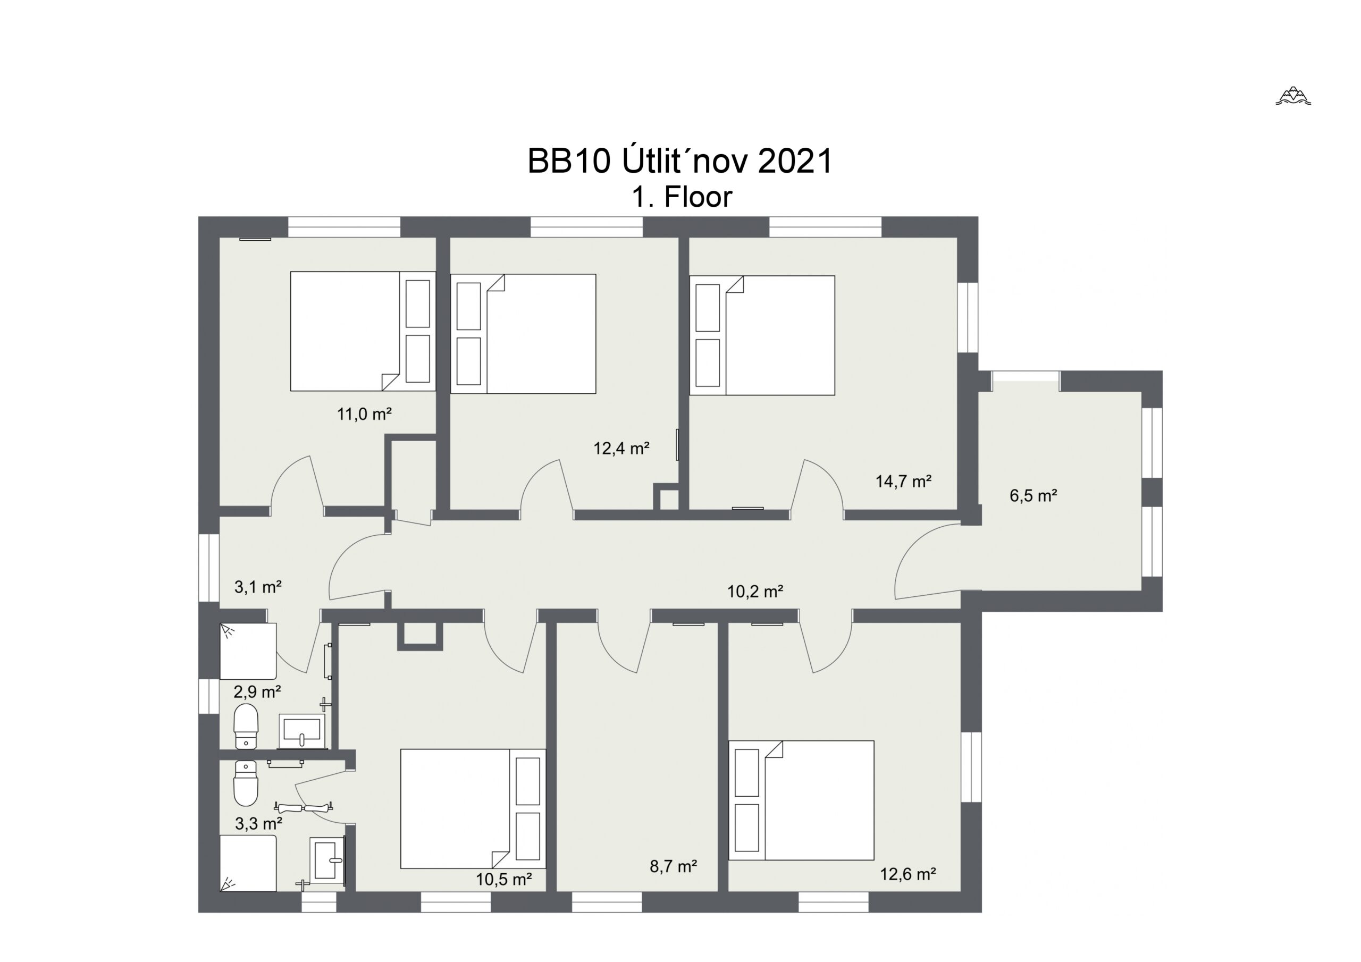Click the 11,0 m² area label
pyautogui.click(x=364, y=414)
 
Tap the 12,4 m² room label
pyautogui.click(x=621, y=448)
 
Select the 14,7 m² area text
pyautogui.click(x=903, y=480)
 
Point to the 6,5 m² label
pyautogui.click(x=1033, y=495)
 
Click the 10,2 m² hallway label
pyautogui.click(x=755, y=591)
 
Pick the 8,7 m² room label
pyautogui.click(x=673, y=866)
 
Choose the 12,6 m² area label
pyautogui.click(x=908, y=874)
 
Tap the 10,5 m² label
pyautogui.click(x=503, y=879)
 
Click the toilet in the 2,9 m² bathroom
pyautogui.click(x=246, y=726)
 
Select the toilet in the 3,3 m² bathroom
pyautogui.click(x=246, y=783)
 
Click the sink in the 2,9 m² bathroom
pyautogui.click(x=302, y=731)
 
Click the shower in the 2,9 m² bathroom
pyautogui.click(x=248, y=652)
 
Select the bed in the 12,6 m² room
pyautogui.click(x=801, y=800)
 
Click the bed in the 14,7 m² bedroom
pyautogui.click(x=762, y=335)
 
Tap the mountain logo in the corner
pyautogui.click(x=1293, y=96)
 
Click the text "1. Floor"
pyautogui.click(x=682, y=197)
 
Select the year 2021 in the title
pyautogui.click(x=795, y=161)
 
